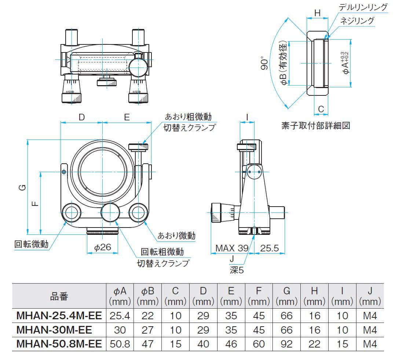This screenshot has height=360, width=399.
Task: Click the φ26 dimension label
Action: (103, 247)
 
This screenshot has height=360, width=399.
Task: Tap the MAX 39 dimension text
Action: (231, 248)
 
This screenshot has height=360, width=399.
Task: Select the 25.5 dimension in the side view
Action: (270, 248)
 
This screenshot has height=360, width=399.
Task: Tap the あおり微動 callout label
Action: (176, 235)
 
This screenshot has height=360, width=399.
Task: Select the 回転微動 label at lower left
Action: (32, 244)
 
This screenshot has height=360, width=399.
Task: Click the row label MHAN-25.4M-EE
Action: (59, 315)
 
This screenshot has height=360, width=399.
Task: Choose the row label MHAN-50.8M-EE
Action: (59, 344)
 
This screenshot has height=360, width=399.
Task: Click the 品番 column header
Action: (59, 297)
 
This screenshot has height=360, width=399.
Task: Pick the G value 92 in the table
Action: (286, 344)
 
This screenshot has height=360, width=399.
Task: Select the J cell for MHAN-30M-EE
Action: (370, 330)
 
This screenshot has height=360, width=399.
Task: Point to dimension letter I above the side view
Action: (248, 117)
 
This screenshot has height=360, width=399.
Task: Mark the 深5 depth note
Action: (237, 270)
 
